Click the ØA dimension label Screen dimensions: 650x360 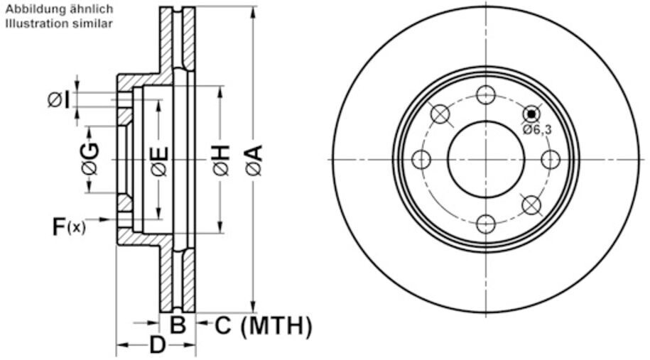click(254, 160)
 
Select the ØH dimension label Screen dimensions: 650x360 click(220, 160)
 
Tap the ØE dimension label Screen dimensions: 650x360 click(159, 160)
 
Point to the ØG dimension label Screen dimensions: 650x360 click(90, 158)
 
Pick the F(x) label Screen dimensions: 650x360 click(69, 227)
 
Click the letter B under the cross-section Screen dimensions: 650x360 click(178, 326)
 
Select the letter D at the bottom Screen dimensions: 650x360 click(157, 346)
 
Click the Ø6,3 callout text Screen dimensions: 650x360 click(537, 129)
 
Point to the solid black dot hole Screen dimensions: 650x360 click(531, 114)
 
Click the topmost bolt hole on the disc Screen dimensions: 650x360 click(486, 94)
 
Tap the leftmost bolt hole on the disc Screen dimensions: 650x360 click(421, 160)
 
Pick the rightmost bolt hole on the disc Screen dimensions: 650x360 click(551, 160)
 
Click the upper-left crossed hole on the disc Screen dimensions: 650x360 click(440, 114)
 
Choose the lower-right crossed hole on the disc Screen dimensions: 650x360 click(531, 205)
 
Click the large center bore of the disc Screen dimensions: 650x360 click(486, 160)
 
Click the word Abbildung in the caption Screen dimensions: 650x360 click(28, 10)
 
